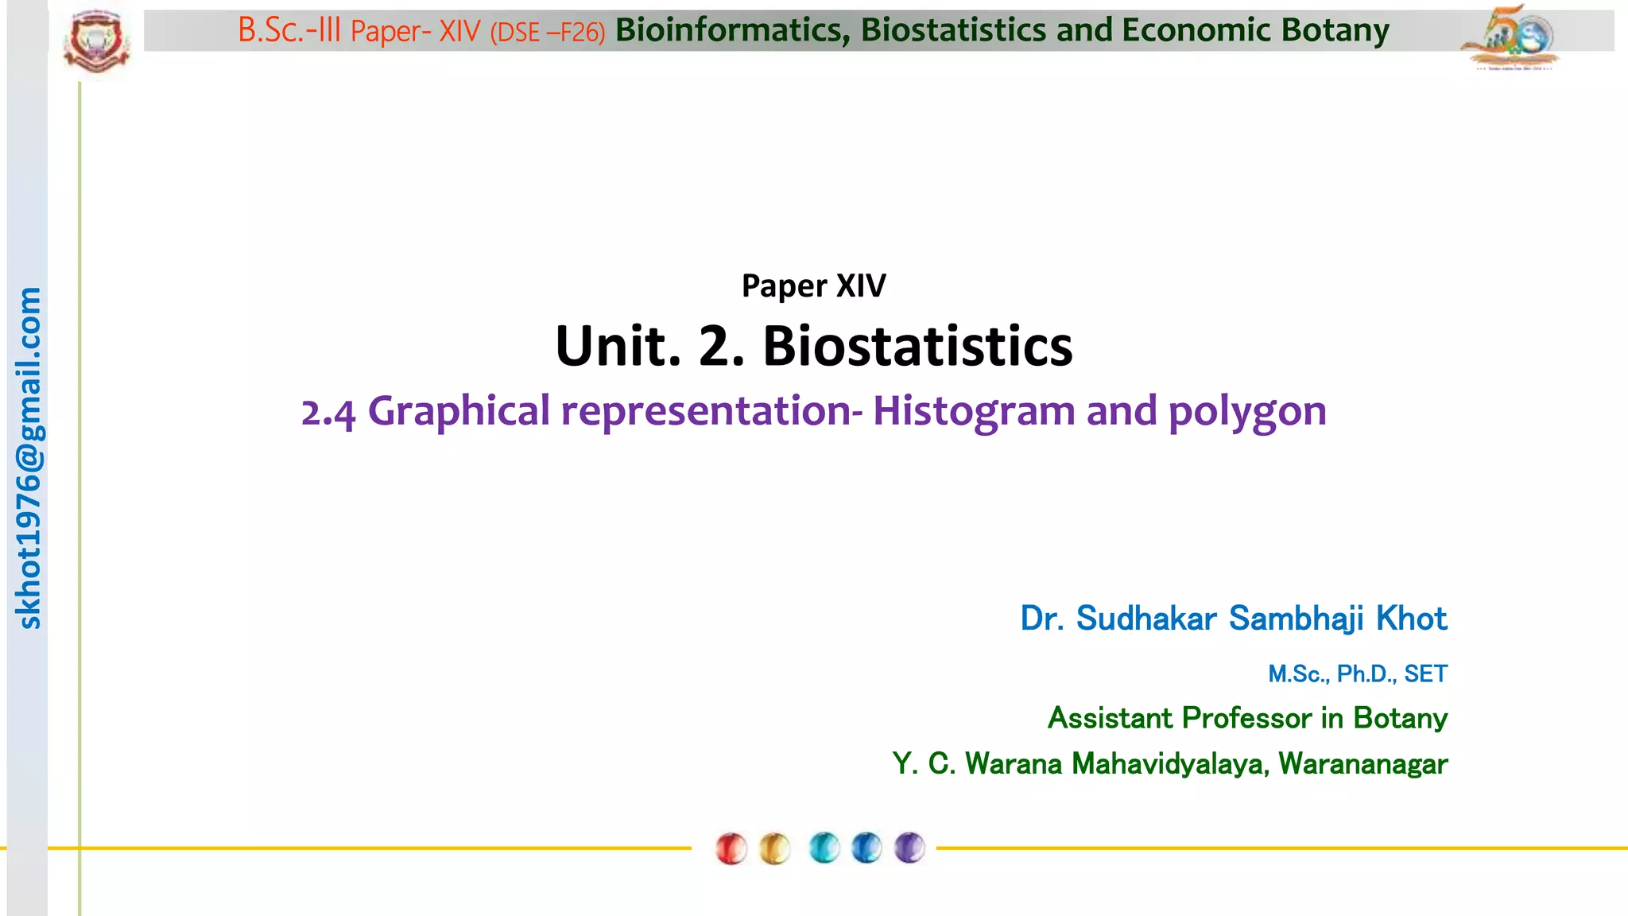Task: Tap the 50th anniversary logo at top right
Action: pos(1510,38)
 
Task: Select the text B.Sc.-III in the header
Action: pos(289,31)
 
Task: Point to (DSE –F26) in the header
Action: pos(548,32)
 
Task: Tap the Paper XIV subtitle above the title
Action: pos(813,285)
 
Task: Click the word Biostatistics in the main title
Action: pos(917,346)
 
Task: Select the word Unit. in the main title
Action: pos(618,346)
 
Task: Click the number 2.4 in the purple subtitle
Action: pos(328,412)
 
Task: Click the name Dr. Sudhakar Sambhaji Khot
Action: pos(1233,618)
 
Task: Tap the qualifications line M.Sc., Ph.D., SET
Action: pos(1357,673)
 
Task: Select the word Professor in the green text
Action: pos(1246,718)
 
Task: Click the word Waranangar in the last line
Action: pos(1362,763)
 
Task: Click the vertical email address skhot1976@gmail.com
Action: pos(29,458)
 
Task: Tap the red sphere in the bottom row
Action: pos(731,848)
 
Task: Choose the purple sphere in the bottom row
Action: pos(909,848)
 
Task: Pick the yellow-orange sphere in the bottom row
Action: pos(774,848)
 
